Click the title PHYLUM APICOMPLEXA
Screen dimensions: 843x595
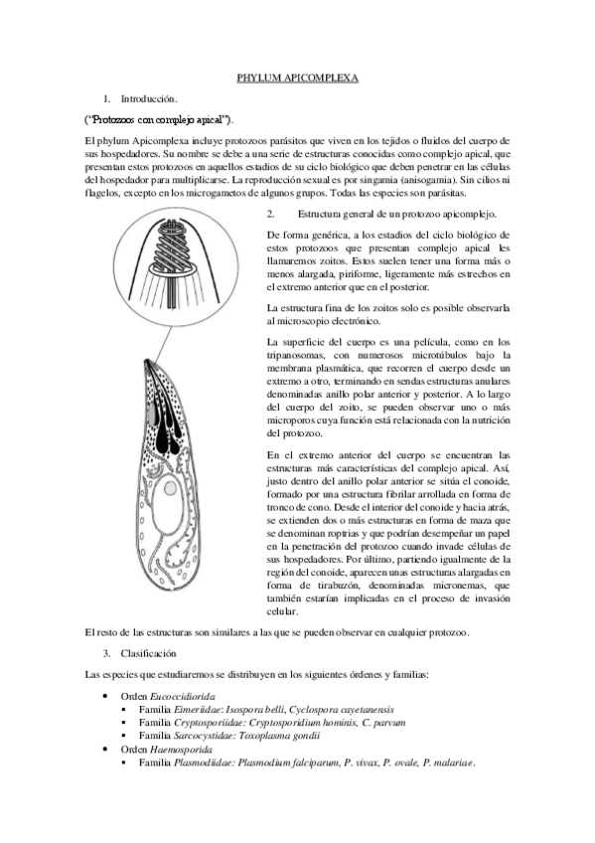pos(297,76)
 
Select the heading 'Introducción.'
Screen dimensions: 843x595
pos(149,99)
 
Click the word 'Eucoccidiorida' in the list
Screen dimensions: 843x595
pos(186,697)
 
